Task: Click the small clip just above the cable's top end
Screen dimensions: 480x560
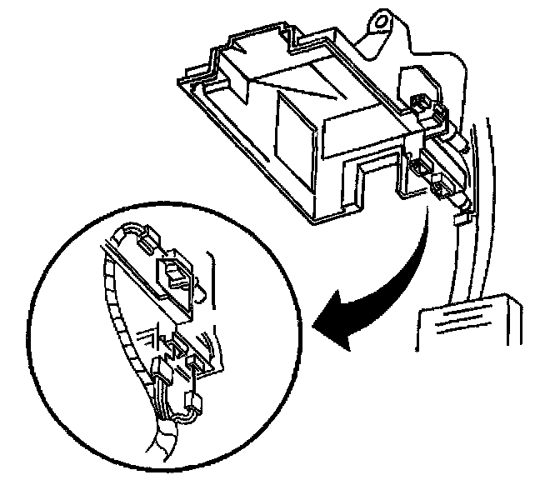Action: point(457,218)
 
